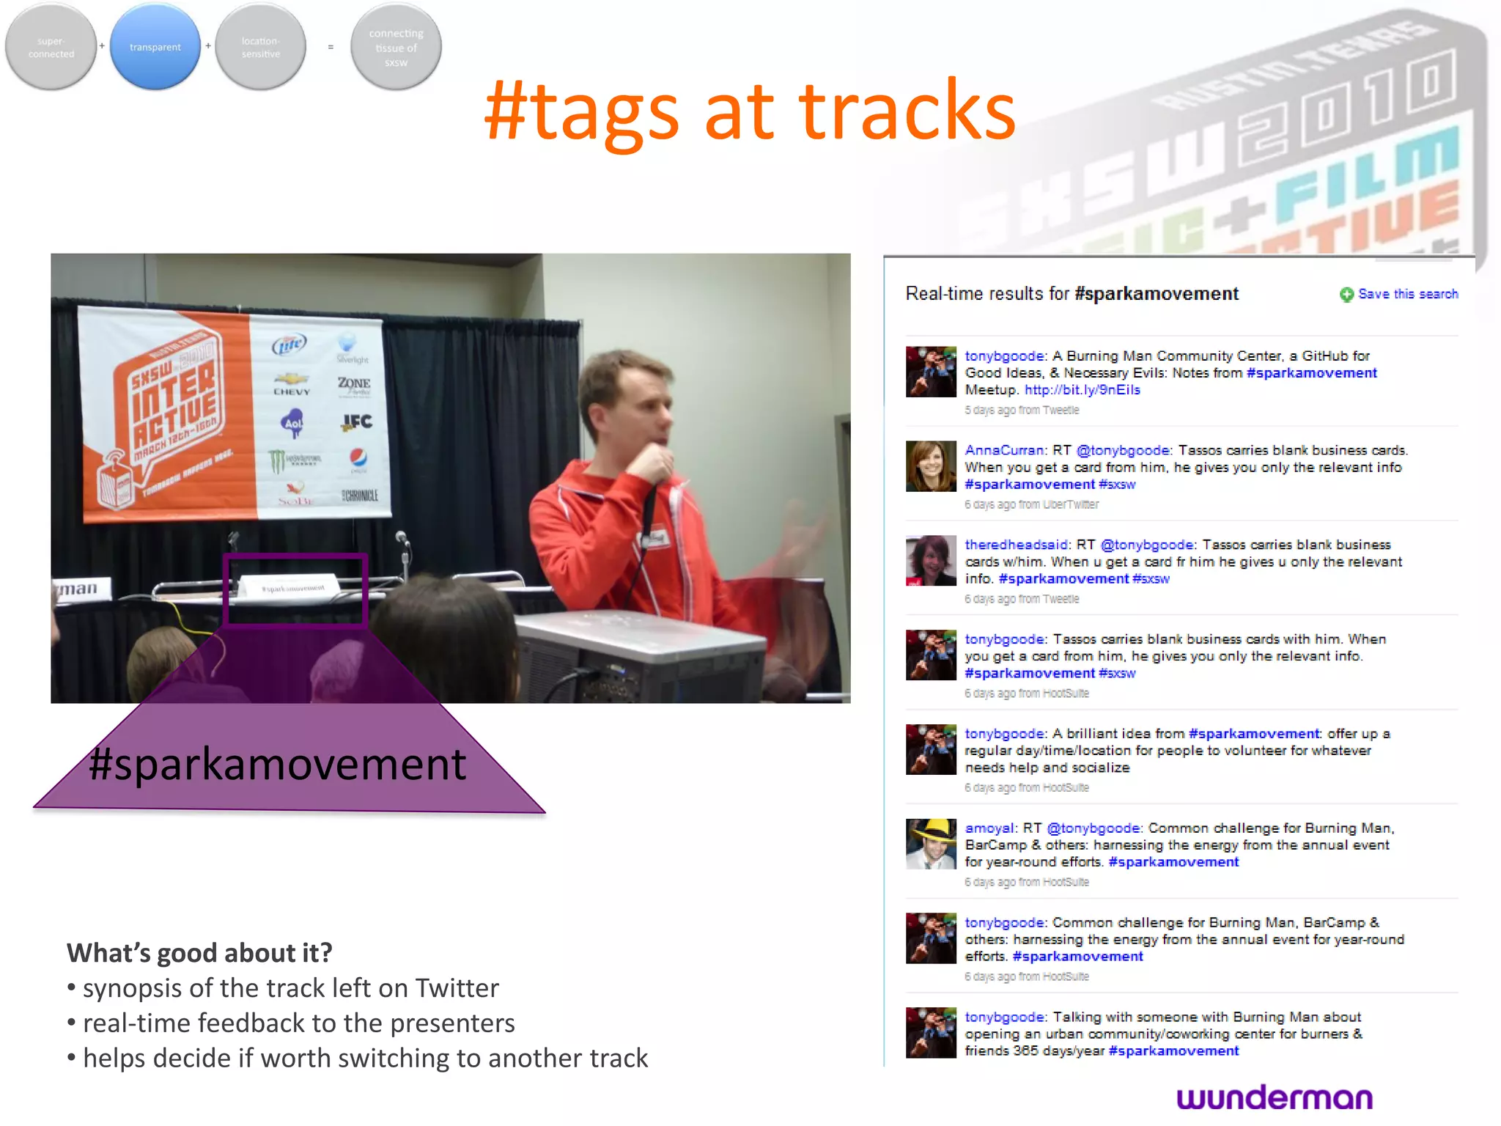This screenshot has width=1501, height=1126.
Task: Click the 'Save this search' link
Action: pyautogui.click(x=1407, y=294)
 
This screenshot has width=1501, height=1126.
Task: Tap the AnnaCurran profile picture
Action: pyautogui.click(x=931, y=466)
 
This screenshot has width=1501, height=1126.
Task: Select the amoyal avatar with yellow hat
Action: pyautogui.click(x=931, y=844)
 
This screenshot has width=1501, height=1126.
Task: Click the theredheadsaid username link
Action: pyautogui.click(x=1016, y=545)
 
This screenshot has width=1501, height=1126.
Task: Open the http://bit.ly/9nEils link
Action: pyautogui.click(x=1082, y=390)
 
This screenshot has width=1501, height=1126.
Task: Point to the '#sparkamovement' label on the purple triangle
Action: pyautogui.click(x=277, y=765)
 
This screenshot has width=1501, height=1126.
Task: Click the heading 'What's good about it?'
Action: pyautogui.click(x=199, y=953)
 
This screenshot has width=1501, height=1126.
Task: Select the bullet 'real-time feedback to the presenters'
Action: pyautogui.click(x=298, y=1023)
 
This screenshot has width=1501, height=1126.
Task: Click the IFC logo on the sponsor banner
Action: pyautogui.click(x=357, y=422)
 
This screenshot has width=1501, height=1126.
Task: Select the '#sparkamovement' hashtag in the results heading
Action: pyautogui.click(x=1156, y=294)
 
